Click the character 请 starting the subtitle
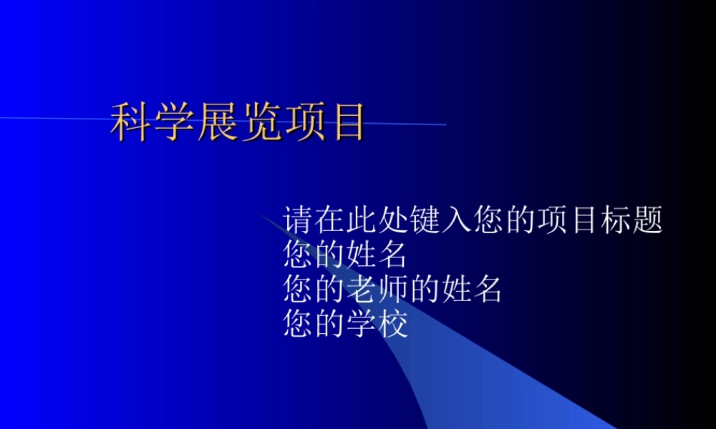(299, 220)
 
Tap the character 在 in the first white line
(330, 220)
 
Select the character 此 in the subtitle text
(362, 220)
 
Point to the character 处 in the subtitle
(393, 220)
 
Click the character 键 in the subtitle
(425, 220)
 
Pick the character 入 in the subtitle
(456, 220)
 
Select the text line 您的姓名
(345, 255)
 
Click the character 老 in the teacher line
(362, 290)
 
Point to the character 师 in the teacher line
(393, 290)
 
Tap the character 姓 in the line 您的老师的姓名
(456, 290)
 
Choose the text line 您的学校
(345, 325)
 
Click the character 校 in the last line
(393, 325)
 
